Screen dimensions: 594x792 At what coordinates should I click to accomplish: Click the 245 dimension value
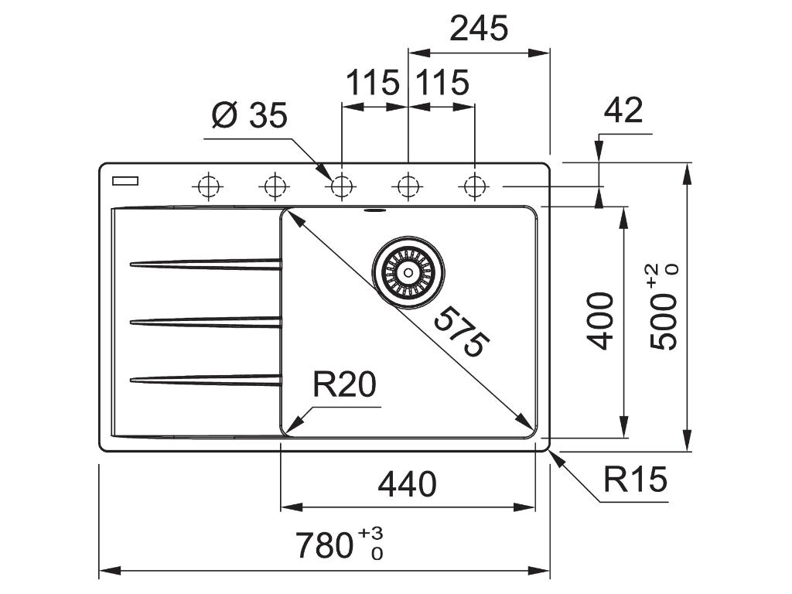[x=480, y=29]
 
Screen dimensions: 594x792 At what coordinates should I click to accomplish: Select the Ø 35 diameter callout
[x=249, y=117]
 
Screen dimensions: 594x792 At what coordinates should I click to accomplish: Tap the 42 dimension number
[x=623, y=111]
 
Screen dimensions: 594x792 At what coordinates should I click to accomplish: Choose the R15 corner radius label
[x=635, y=480]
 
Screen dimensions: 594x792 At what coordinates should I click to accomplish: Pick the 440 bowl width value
[x=407, y=485]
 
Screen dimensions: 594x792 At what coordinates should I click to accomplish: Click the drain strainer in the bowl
[x=408, y=271]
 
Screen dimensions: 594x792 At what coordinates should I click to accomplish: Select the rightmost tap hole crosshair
[x=474, y=186]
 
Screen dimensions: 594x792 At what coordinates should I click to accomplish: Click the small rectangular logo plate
[x=125, y=181]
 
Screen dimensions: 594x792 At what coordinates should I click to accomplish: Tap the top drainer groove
[x=206, y=265]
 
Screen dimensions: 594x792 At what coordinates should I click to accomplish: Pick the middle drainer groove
[x=206, y=322]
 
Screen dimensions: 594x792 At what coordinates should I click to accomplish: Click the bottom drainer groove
[x=206, y=379]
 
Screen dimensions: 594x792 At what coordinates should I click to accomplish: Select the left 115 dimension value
[x=373, y=83]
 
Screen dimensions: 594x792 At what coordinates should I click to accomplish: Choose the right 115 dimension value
[x=442, y=83]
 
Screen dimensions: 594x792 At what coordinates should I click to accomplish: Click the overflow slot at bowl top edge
[x=375, y=209]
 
